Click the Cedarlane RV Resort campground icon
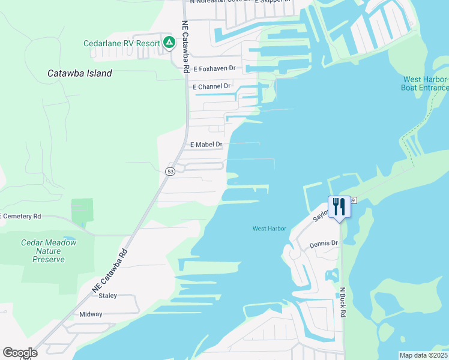click(x=169, y=43)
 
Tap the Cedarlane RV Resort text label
click(x=123, y=43)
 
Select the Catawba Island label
click(x=79, y=74)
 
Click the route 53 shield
click(x=170, y=172)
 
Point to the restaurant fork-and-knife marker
click(x=339, y=207)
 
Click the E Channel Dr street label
click(x=211, y=86)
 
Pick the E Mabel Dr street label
click(x=206, y=145)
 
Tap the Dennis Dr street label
click(x=324, y=244)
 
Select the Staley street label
click(x=107, y=296)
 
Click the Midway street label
click(x=91, y=314)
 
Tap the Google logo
click(x=20, y=353)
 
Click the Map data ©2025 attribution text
click(x=424, y=355)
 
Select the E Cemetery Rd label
click(x=20, y=216)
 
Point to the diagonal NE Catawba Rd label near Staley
click(x=111, y=271)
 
